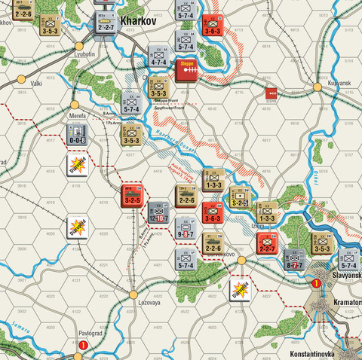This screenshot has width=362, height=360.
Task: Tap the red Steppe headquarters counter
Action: point(186,69)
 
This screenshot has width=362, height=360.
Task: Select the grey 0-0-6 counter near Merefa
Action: point(77,134)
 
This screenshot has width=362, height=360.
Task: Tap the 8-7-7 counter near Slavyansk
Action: point(294,261)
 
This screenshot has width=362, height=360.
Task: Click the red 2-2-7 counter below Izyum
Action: point(267,243)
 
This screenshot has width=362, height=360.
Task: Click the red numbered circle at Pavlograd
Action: point(83,345)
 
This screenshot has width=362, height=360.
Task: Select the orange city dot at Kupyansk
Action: point(318,87)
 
